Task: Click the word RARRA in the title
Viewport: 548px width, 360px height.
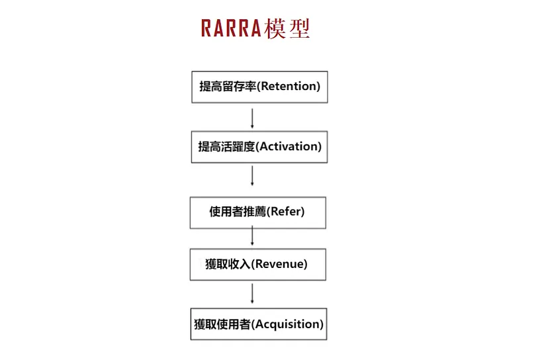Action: [x=231, y=28]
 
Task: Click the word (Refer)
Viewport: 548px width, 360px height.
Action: [x=286, y=212]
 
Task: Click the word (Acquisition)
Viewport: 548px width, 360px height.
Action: [x=288, y=324]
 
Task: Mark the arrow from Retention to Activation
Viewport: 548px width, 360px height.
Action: [x=252, y=117]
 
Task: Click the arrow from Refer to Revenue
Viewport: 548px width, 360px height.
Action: [x=252, y=236]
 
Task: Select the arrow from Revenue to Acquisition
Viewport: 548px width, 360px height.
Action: [x=252, y=294]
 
